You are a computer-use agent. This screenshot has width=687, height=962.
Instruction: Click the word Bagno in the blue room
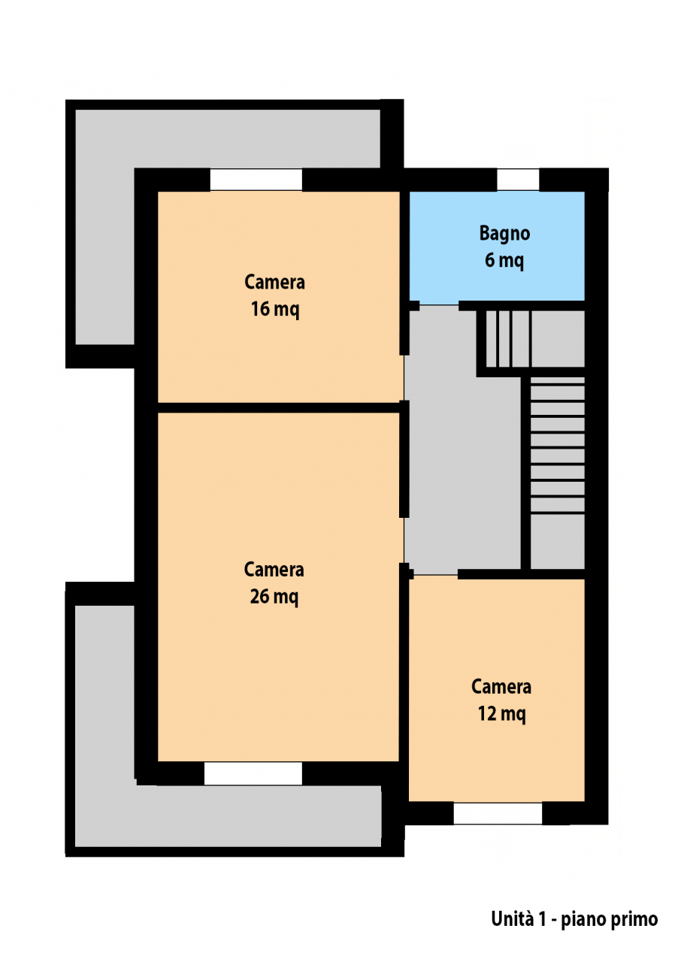click(x=504, y=233)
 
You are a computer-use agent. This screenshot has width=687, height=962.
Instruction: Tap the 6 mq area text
click(x=504, y=260)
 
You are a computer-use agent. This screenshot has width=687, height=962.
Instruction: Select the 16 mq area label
click(x=275, y=309)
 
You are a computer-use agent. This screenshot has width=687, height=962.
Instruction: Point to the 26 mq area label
click(x=274, y=597)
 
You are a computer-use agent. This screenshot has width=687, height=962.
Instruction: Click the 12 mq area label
click(x=501, y=713)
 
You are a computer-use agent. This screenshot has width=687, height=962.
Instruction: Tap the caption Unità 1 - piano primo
click(x=574, y=918)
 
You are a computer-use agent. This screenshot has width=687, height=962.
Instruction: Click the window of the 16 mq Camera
click(x=256, y=180)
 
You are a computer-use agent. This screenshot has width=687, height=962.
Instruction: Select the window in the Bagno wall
click(x=518, y=180)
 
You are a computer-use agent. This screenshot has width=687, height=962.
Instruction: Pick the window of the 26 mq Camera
click(x=253, y=773)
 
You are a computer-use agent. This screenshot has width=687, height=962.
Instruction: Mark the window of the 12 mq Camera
click(x=498, y=813)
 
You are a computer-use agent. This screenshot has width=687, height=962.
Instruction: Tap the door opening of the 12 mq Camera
click(x=435, y=574)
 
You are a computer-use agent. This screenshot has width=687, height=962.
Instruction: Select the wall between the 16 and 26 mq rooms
click(x=279, y=407)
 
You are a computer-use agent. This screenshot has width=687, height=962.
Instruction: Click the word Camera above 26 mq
click(x=274, y=570)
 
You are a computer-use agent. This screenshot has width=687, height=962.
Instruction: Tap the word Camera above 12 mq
click(x=501, y=686)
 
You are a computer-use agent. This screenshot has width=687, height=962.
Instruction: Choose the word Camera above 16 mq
click(x=275, y=282)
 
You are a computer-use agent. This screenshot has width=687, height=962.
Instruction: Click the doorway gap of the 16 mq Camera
click(x=404, y=378)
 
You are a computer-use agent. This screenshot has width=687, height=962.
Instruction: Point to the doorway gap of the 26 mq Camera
click(x=404, y=540)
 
